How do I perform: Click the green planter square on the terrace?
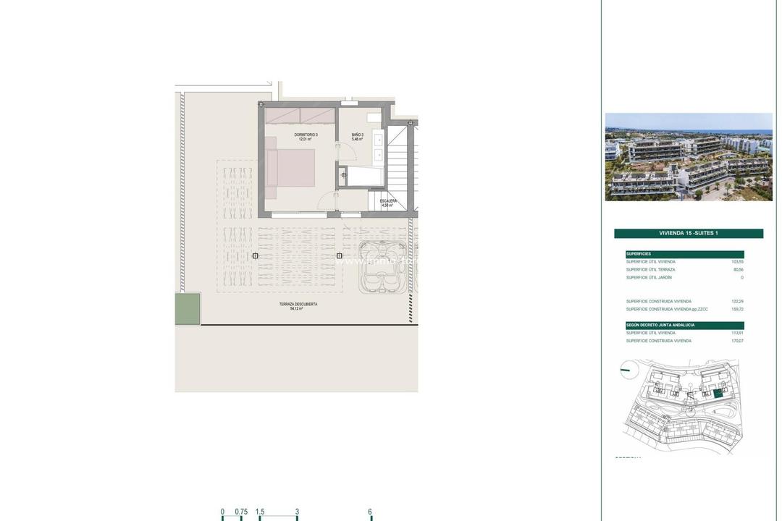[187, 308]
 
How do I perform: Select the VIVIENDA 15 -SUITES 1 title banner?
[689, 234]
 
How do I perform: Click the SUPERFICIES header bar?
[684, 254]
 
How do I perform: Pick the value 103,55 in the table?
[737, 262]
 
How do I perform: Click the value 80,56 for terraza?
[738, 270]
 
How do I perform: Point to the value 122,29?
[737, 302]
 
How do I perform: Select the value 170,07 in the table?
[737, 341]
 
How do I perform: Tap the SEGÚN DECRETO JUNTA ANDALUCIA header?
[684, 325]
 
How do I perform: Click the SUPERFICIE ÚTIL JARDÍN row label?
[649, 278]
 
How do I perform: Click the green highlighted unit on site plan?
[718, 394]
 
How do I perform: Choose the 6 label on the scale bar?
[370, 512]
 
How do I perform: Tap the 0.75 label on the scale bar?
[241, 512]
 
